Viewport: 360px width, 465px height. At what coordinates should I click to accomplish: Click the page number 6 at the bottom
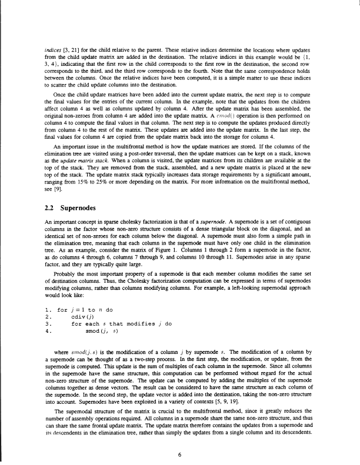(x=180, y=437)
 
